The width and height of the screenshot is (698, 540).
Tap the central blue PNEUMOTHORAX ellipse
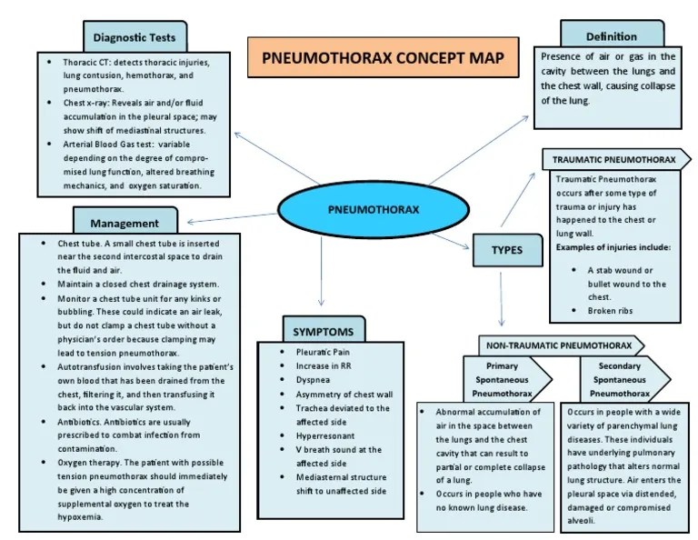(373, 209)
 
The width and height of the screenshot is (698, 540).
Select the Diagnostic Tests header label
(135, 37)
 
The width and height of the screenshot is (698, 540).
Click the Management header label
(125, 223)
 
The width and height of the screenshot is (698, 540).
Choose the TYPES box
(507, 250)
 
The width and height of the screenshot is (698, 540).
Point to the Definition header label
(611, 36)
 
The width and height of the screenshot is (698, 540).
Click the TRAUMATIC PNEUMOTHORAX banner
(614, 160)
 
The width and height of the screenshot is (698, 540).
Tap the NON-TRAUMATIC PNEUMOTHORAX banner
(558, 345)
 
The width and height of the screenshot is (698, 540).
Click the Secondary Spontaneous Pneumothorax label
(621, 379)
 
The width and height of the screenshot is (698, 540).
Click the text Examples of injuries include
(613, 246)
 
